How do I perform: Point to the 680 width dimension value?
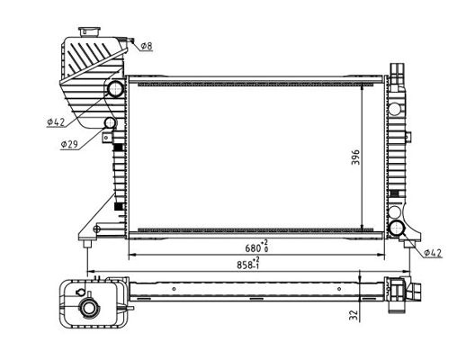coord(255,248)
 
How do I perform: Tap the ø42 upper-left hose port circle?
coord(115,90)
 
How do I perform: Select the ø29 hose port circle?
coord(111,122)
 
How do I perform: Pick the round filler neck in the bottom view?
coord(92,309)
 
